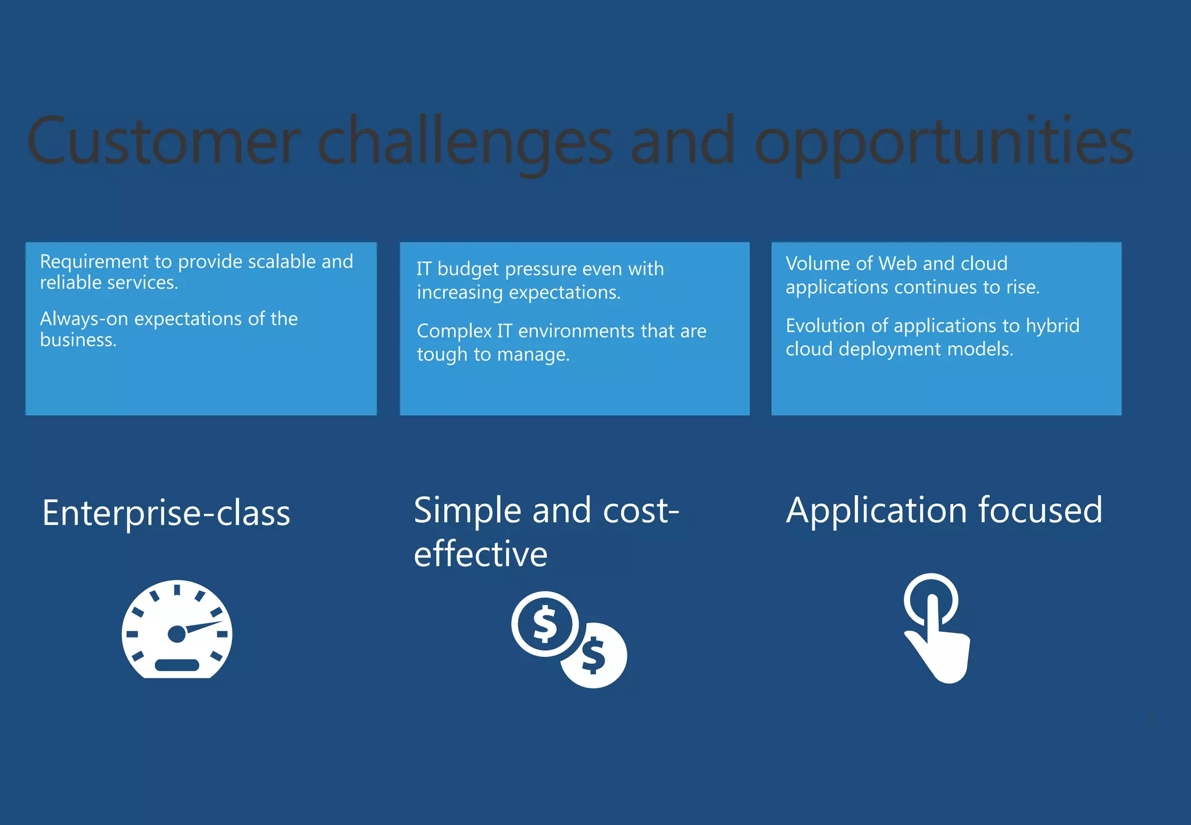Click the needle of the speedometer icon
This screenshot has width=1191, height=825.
pyautogui.click(x=204, y=627)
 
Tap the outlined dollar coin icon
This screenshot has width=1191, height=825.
pyautogui.click(x=545, y=624)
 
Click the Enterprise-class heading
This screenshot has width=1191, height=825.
pyautogui.click(x=166, y=513)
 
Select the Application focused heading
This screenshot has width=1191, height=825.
pyautogui.click(x=944, y=510)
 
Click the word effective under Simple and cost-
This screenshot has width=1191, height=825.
pyautogui.click(x=480, y=553)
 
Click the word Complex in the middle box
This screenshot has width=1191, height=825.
pyautogui.click(x=454, y=331)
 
